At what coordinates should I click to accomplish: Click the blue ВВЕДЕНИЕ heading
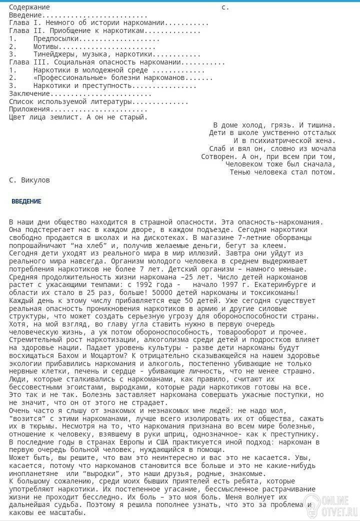click(26, 201)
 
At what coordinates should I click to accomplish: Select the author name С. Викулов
click(29, 179)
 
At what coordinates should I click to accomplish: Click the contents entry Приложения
click(29, 109)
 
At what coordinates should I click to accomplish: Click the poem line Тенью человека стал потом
click(282, 172)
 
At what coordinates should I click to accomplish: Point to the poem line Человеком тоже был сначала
click(280, 164)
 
